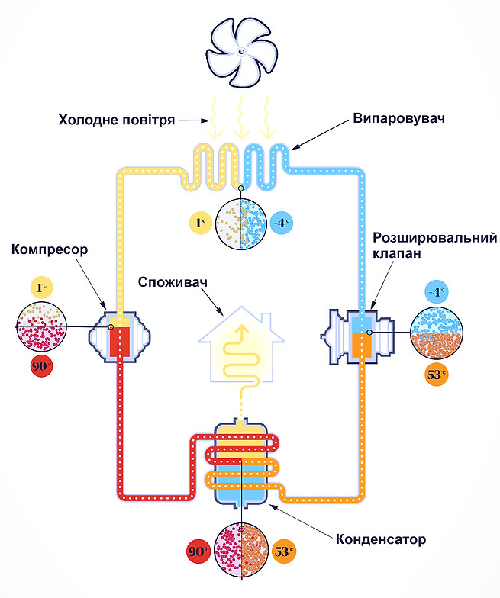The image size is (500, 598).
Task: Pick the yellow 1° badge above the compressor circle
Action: (41, 288)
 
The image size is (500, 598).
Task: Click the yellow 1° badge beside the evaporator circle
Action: (202, 223)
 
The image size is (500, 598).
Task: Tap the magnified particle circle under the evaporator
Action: (241, 223)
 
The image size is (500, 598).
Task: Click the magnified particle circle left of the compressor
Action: (41, 326)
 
